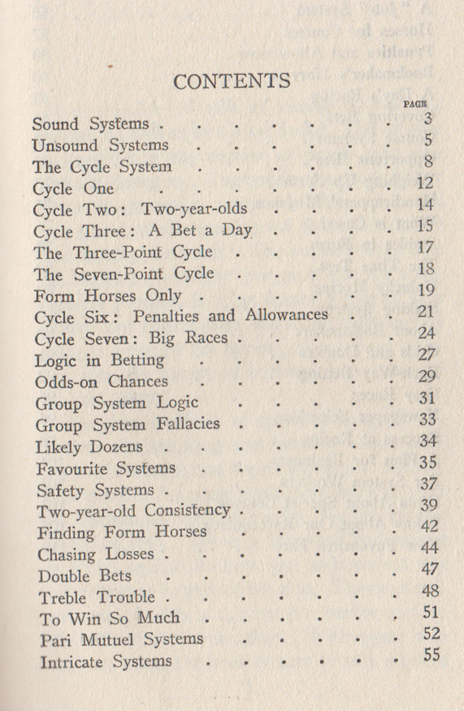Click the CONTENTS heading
[232, 81]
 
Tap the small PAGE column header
[415, 104]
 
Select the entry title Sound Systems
[91, 124]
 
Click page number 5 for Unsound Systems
[428, 140]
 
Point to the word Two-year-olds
[194, 209]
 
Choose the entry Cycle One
[73, 189]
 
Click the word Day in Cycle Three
[236, 230]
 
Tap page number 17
[425, 247]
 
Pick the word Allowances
[286, 315]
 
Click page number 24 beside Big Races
[426, 334]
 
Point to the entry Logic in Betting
[99, 360]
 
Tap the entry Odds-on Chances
[101, 382]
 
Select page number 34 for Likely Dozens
[428, 441]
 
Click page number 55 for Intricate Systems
[431, 655]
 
